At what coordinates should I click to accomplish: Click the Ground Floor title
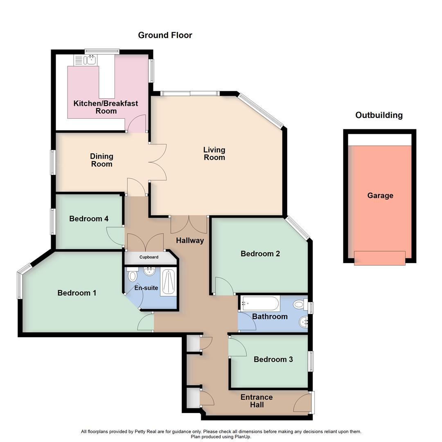pyautogui.click(x=165, y=35)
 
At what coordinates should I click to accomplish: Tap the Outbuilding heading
pyautogui.click(x=379, y=115)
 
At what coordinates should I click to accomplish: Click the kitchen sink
pyautogui.click(x=89, y=60)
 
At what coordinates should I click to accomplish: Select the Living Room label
pyautogui.click(x=214, y=153)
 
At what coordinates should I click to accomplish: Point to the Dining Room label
pyautogui.click(x=101, y=160)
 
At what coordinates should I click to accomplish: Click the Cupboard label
pyautogui.click(x=149, y=257)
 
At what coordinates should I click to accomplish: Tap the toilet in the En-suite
pyautogui.click(x=132, y=276)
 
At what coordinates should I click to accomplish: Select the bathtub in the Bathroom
pyautogui.click(x=260, y=304)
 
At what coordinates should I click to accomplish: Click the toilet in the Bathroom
pyautogui.click(x=300, y=304)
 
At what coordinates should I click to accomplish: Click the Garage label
pyautogui.click(x=380, y=196)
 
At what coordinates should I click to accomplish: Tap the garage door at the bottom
pyautogui.click(x=379, y=258)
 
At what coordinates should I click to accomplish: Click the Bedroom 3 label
pyautogui.click(x=273, y=359)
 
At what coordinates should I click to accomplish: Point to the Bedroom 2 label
pyautogui.click(x=260, y=254)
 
